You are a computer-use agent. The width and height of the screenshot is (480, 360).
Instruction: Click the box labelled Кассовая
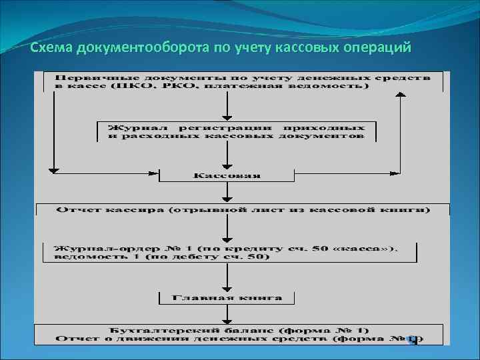(227, 175)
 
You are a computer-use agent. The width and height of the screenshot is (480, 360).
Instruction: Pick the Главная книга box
(227, 297)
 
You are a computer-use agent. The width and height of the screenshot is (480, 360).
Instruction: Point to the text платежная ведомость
(306, 87)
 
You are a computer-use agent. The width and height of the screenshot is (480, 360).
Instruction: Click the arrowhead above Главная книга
(228, 286)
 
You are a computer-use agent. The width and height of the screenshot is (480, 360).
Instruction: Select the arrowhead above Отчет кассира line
(228, 198)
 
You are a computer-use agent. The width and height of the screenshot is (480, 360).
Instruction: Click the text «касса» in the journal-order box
(370, 248)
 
